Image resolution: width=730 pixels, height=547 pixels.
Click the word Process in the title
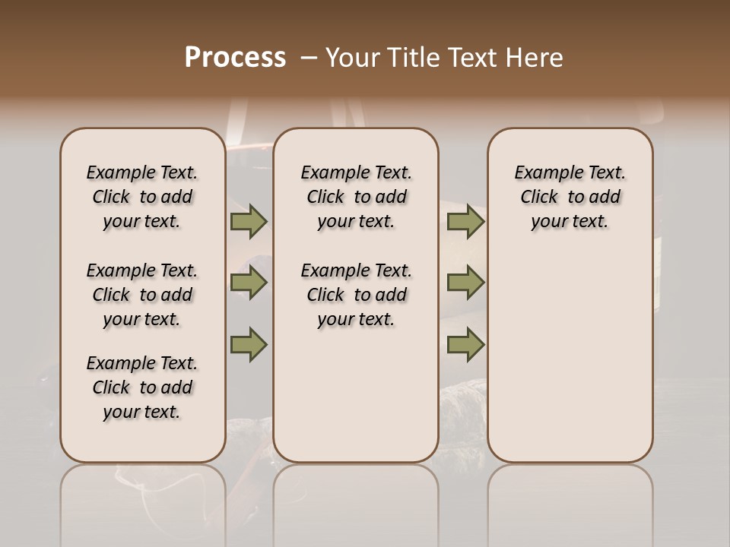point(235,58)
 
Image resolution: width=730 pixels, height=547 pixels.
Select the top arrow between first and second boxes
point(248,221)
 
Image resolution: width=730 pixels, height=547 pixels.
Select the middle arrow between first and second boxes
point(248,283)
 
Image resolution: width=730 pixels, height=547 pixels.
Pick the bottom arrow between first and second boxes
point(248,344)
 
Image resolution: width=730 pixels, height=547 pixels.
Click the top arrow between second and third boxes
point(465,221)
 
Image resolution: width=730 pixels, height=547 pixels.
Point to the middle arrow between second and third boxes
point(465,283)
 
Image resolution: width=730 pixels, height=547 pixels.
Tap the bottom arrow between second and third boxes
point(465,344)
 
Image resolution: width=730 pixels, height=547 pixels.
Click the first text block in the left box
point(142,197)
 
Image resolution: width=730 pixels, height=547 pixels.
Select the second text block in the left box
point(142,295)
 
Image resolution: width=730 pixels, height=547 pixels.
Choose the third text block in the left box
point(142,387)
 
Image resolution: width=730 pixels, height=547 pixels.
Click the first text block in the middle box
point(357,197)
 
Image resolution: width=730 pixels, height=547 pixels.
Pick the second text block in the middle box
point(357,295)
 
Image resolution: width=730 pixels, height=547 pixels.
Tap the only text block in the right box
point(570,197)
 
